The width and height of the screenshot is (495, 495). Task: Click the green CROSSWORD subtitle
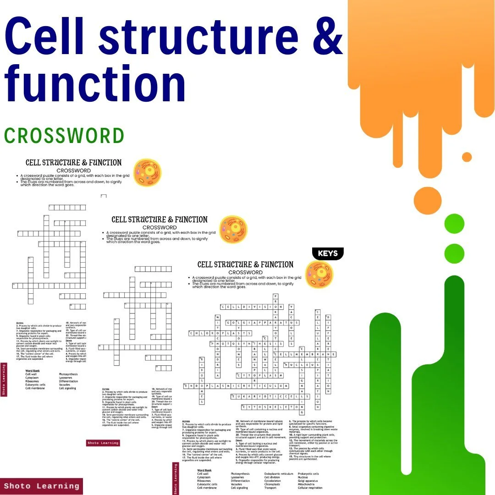pyautogui.click(x=64, y=136)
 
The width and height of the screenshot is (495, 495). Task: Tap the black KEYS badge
pyautogui.click(x=327, y=253)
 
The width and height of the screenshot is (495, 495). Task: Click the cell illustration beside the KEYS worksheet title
pyautogui.click(x=319, y=275)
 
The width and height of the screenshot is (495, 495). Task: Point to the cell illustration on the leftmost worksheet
pyautogui.click(x=147, y=172)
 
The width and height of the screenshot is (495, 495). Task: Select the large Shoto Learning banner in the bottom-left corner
pyautogui.click(x=41, y=486)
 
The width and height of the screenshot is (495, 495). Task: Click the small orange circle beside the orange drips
pyautogui.click(x=467, y=157)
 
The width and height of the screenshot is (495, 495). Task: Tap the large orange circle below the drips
pyautogui.click(x=427, y=200)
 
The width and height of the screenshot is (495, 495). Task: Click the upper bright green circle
pyautogui.click(x=454, y=223)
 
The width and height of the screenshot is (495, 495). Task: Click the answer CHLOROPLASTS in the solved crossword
pyautogui.click(x=220, y=333)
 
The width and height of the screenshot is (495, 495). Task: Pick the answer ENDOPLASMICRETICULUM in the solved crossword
pyautogui.click(x=236, y=386)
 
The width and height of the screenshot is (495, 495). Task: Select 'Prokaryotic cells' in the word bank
pyautogui.click(x=308, y=473)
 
